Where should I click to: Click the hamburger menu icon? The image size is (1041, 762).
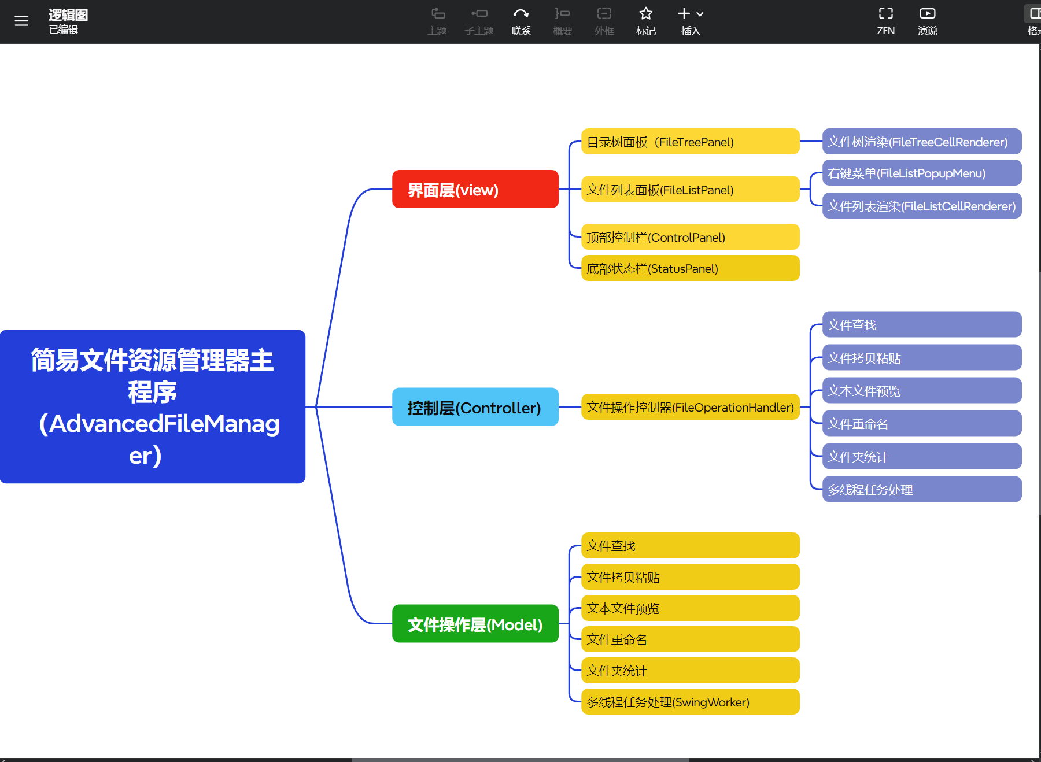21,21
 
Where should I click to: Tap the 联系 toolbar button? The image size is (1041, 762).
520,21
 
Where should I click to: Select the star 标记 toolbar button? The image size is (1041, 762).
645,21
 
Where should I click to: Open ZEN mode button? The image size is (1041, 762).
885,21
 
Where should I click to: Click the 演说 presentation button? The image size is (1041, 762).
927,21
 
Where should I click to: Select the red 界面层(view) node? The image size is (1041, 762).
475,189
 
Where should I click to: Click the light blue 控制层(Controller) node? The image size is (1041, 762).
475,407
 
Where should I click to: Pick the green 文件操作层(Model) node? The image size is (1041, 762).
475,624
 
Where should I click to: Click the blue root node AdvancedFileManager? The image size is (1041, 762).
153,406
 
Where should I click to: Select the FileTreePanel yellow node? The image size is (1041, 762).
690,142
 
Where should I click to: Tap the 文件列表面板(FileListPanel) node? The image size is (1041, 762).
690,190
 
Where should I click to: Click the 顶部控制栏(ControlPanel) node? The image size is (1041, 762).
690,237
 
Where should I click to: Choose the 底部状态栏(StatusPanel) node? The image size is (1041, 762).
690,268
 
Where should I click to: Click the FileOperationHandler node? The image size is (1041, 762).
690,407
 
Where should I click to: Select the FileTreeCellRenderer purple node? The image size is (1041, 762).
921,142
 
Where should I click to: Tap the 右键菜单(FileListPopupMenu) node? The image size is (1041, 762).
921,173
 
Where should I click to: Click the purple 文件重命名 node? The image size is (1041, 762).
921,424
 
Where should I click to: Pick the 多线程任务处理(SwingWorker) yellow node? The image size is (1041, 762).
690,702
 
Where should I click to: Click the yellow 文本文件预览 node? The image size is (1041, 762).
690,608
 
